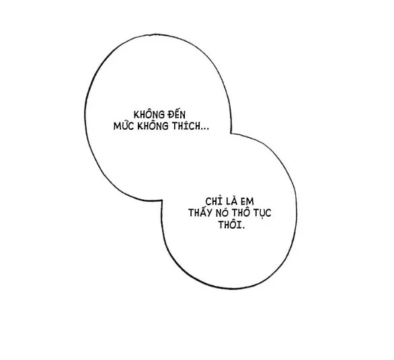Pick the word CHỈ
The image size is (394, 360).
point(214,201)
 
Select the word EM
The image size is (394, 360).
point(247,202)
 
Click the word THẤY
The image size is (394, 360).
point(200,213)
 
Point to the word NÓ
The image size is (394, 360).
point(222,213)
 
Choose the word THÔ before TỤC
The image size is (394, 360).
point(241,213)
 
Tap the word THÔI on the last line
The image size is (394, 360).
point(229,224)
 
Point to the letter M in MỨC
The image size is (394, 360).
point(116,127)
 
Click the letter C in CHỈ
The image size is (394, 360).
point(208,202)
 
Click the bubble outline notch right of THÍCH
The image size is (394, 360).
point(231,133)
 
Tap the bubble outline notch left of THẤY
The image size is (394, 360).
point(161,201)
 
